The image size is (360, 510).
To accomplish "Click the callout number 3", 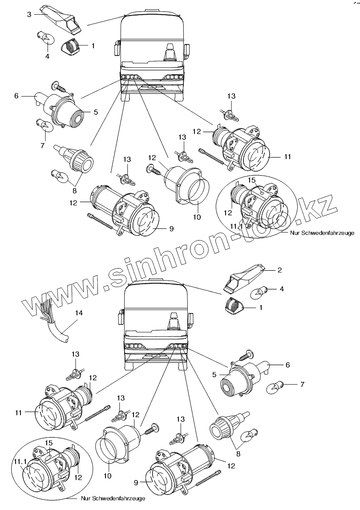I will pyautogui.click(x=29, y=15).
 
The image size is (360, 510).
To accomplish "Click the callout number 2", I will pyautogui.click(x=279, y=270).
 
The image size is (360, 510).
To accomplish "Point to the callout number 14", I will pyautogui.click(x=78, y=313).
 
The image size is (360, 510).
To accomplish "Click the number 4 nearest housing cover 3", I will pyautogui.click(x=47, y=57).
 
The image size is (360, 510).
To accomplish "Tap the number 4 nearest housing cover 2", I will pyautogui.click(x=281, y=289).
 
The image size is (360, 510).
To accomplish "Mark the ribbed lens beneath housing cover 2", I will pyautogui.click(x=232, y=306).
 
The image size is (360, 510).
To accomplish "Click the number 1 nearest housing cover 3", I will pyautogui.click(x=93, y=46).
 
